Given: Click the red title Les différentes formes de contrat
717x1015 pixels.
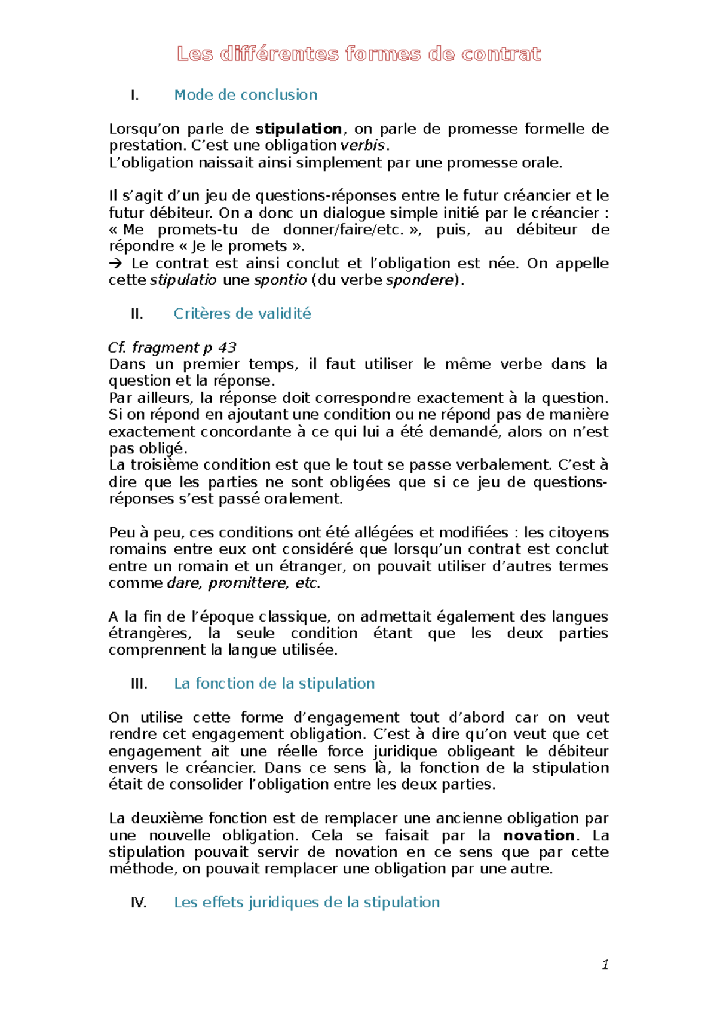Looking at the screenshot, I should pyautogui.click(x=358, y=54).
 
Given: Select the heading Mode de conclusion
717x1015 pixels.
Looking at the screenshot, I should pyautogui.click(x=245, y=95).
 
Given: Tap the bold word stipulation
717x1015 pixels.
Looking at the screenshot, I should pyautogui.click(x=298, y=129).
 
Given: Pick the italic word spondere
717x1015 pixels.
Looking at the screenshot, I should pyautogui.click(x=420, y=280).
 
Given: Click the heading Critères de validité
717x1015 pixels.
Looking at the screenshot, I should pyautogui.click(x=242, y=314).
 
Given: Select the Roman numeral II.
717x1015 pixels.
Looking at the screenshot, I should pyautogui.click(x=137, y=314).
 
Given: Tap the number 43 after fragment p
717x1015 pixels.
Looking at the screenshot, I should pyautogui.click(x=228, y=347).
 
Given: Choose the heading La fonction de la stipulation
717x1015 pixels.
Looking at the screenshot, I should pyautogui.click(x=274, y=684).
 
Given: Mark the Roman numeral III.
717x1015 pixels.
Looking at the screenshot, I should pyautogui.click(x=139, y=684).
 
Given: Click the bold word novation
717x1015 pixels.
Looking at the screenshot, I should pyautogui.click(x=538, y=835).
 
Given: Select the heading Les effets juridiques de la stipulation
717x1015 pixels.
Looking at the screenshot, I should pyautogui.click(x=307, y=903).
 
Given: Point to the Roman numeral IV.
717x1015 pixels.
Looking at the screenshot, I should pyautogui.click(x=139, y=903).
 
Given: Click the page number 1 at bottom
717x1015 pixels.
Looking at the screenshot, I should pyautogui.click(x=605, y=965).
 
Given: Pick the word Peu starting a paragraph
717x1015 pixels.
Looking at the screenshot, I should pyautogui.click(x=121, y=533).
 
